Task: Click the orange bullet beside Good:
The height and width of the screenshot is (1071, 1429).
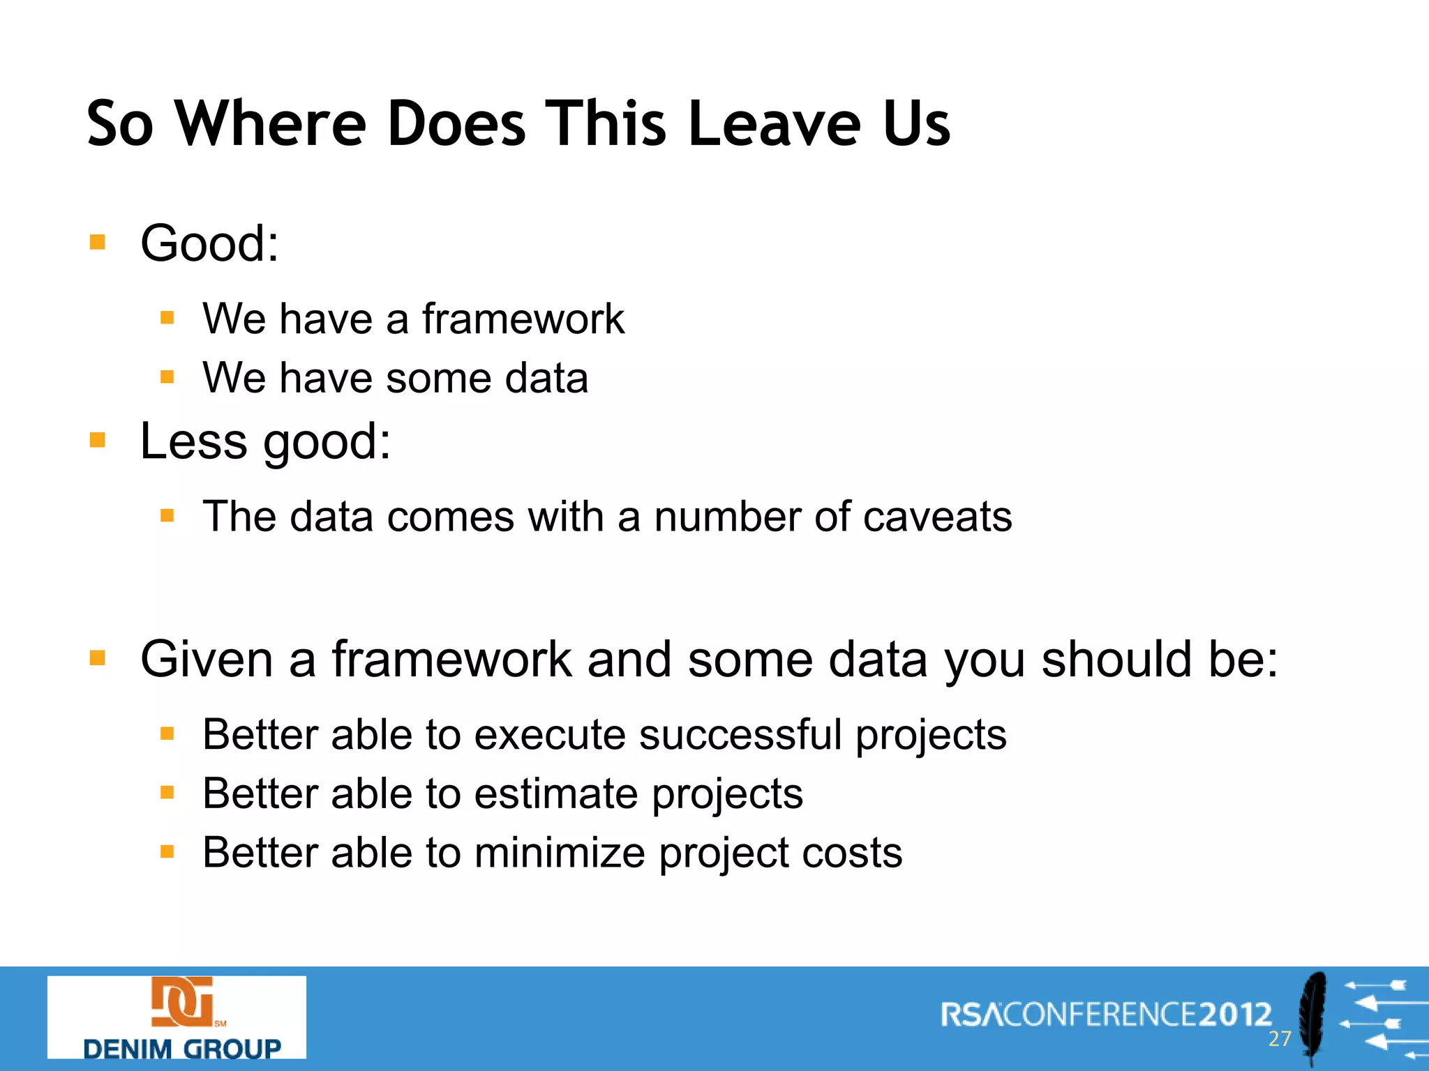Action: coord(98,243)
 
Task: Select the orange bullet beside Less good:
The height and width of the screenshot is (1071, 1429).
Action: coord(98,440)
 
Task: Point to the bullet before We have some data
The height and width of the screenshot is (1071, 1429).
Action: coord(167,377)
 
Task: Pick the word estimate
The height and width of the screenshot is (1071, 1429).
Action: coord(556,793)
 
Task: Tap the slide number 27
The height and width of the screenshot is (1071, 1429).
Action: coord(1280,1039)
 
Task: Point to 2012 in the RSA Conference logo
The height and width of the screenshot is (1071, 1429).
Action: coord(1236,1015)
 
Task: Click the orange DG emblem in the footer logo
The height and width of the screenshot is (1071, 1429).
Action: coord(181,1002)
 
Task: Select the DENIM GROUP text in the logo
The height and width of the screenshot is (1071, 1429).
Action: coord(181,1048)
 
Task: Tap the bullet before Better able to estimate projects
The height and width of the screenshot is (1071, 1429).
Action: coord(167,793)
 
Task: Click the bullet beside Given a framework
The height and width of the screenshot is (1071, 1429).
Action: coord(98,658)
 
